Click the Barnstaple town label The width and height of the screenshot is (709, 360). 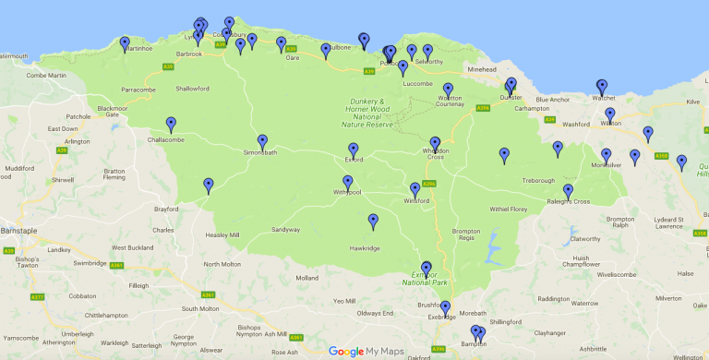click(x=19, y=230)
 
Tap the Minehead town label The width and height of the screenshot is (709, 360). click(x=482, y=70)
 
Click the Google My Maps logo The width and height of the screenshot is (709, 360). click(x=366, y=351)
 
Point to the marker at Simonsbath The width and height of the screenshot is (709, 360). click(x=262, y=142)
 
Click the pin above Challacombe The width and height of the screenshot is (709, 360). click(x=171, y=125)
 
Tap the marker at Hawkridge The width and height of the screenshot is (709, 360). click(x=373, y=222)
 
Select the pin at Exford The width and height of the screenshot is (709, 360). click(x=353, y=150)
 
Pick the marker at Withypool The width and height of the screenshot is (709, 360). click(x=348, y=183)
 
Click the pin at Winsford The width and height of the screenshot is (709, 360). click(x=415, y=190)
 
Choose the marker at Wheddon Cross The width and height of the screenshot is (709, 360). click(x=435, y=144)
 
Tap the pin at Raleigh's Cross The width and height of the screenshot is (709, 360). click(x=568, y=191)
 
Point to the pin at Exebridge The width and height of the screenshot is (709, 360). click(x=445, y=308)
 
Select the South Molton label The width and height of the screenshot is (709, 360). click(x=200, y=308)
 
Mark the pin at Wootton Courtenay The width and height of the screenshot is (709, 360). click(x=448, y=90)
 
